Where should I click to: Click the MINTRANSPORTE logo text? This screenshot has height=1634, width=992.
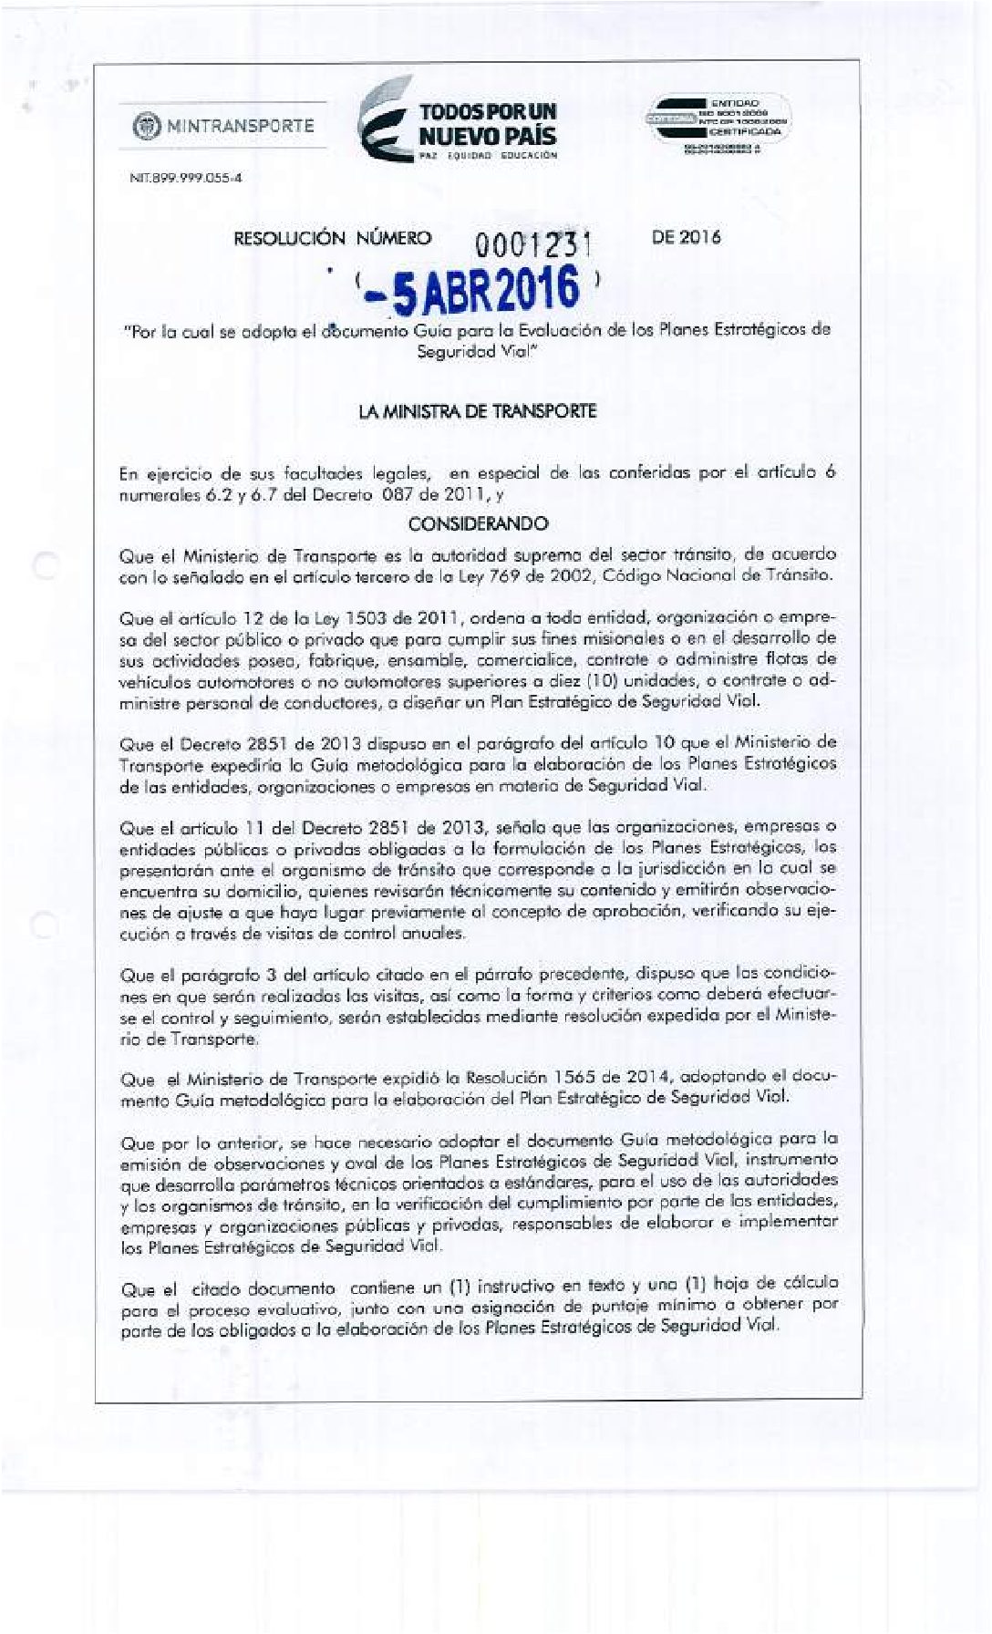240,125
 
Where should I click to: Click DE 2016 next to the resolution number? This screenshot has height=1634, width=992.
686,238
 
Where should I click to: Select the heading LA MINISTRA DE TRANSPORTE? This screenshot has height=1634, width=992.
478,411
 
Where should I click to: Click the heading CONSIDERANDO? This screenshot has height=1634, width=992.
478,524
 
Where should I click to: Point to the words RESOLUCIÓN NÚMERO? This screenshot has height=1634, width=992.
333,239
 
